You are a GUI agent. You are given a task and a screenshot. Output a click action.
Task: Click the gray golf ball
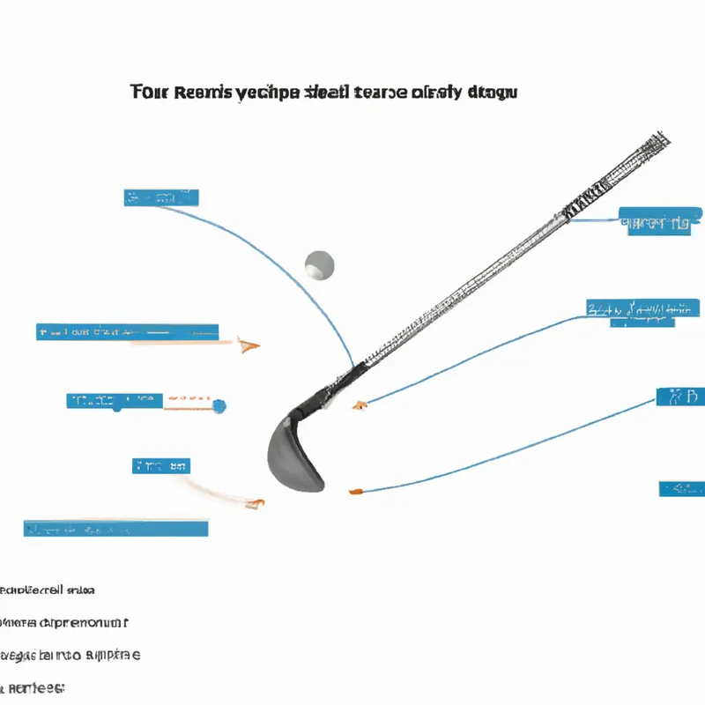click(319, 263)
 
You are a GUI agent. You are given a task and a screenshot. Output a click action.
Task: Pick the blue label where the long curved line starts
click(161, 197)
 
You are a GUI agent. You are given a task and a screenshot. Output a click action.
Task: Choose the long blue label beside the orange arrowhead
click(127, 332)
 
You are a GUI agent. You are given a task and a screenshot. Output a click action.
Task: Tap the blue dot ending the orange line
click(219, 406)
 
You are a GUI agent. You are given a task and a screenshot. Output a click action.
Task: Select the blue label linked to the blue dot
click(115, 401)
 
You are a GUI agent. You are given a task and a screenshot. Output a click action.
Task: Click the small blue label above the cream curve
click(162, 465)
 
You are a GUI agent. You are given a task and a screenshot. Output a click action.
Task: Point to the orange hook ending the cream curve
click(256, 503)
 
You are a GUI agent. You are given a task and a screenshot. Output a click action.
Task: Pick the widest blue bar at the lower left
click(116, 529)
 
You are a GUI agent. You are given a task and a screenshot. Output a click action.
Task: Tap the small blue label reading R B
click(680, 397)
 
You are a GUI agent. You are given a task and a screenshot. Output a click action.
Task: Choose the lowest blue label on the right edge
click(681, 488)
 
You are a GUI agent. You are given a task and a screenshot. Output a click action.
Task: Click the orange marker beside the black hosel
click(359, 405)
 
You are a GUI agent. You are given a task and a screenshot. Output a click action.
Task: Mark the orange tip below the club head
click(354, 491)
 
